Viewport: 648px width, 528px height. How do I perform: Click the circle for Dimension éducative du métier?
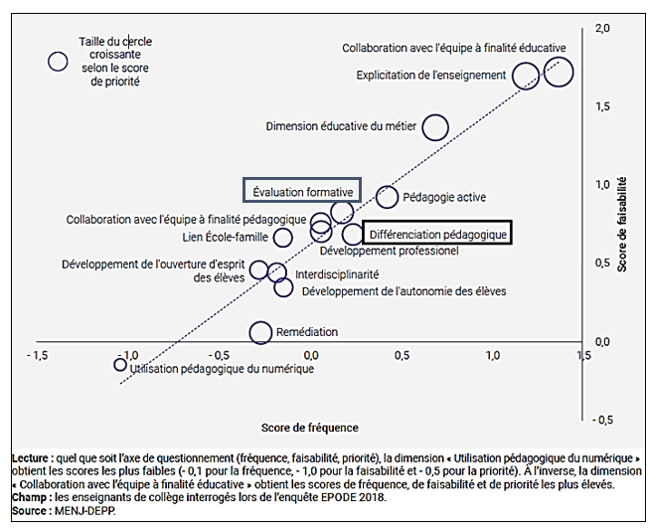point(434,127)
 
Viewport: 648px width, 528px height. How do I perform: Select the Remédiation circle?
point(260,332)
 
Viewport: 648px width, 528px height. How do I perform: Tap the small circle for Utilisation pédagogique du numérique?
point(120,365)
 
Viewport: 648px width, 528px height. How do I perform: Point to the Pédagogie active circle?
point(388,197)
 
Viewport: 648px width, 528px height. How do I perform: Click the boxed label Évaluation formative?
point(302,191)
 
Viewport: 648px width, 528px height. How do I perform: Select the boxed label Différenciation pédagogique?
point(436,234)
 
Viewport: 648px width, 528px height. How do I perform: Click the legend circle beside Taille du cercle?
point(58,62)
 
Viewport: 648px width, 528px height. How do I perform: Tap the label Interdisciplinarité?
point(336,273)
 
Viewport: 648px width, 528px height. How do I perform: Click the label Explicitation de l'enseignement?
point(431,75)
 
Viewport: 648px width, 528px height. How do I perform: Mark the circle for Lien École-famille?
point(283,237)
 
